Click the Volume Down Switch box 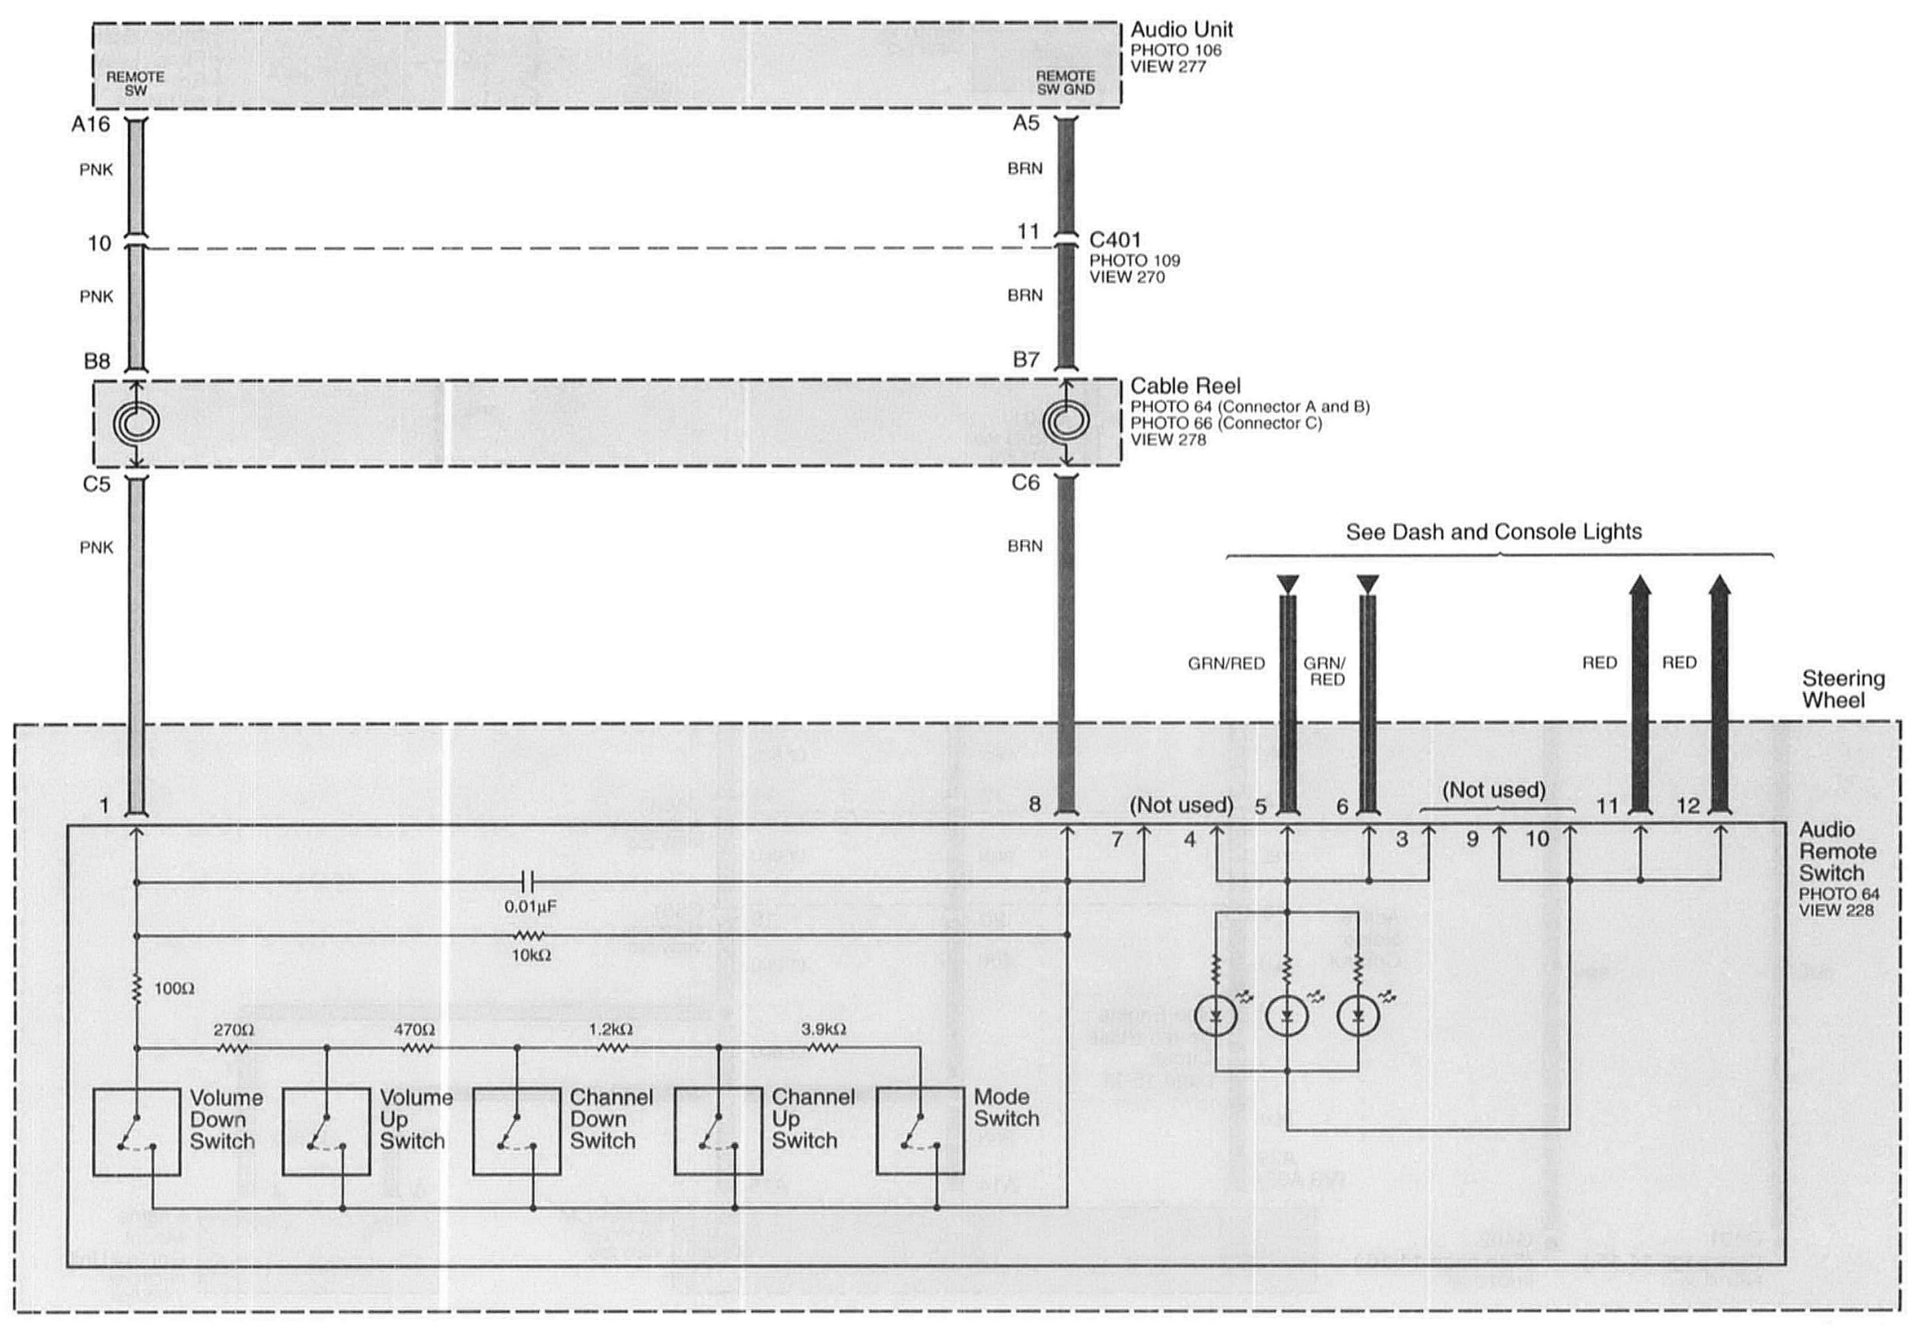tap(136, 1132)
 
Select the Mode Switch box tap(920, 1132)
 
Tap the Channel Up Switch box tap(718, 1132)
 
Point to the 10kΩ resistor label tap(531, 956)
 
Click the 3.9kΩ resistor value tap(823, 1029)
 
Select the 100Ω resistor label tap(173, 989)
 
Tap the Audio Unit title tap(1180, 30)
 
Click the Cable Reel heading tap(1185, 386)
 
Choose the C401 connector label tap(1115, 240)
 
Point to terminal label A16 tap(90, 125)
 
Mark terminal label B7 tap(1025, 360)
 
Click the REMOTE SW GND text tap(1065, 82)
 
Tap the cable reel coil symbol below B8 tap(136, 423)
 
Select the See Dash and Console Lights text tap(1494, 533)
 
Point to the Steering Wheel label tap(1843, 689)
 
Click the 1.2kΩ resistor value tap(610, 1029)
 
